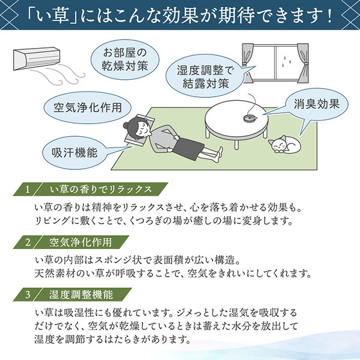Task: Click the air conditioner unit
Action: point(37,58)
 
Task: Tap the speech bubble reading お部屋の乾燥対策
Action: point(125,59)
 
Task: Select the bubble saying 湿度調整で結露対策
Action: point(205,76)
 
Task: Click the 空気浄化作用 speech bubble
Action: point(88,107)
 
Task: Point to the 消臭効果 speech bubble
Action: point(317,104)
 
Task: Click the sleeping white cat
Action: point(284,144)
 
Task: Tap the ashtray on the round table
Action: point(250,118)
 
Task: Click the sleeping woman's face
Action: point(143,131)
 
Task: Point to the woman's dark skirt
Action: point(188,149)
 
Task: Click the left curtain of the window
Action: point(248,63)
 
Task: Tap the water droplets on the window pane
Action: point(286,59)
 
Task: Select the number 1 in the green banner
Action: point(28,190)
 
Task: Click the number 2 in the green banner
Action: point(28,242)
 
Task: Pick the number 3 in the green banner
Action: point(28,295)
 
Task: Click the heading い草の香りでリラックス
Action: point(101,190)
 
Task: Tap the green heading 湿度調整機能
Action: point(81,295)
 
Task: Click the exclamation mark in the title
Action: point(330,16)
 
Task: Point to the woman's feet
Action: point(218,155)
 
